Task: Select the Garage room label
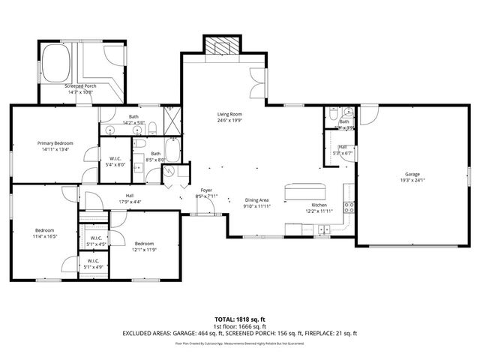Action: tap(412, 174)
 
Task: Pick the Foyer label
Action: tap(205, 190)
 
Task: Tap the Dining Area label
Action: tap(256, 200)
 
